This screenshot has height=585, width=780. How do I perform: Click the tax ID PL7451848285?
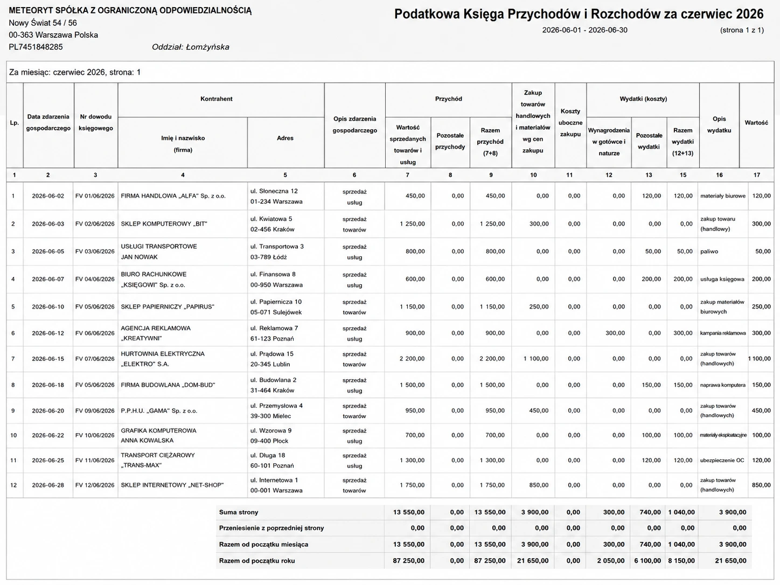click(36, 47)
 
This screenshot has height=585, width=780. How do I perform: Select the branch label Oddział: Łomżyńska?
click(191, 47)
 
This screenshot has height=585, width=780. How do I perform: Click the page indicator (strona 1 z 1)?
click(742, 30)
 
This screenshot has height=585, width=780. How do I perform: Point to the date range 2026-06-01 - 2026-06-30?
click(584, 30)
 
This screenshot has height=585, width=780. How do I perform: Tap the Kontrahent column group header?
click(216, 99)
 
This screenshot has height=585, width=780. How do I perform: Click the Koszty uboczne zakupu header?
click(570, 122)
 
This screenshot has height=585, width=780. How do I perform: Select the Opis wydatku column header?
click(719, 124)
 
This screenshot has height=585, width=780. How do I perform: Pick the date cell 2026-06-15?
click(48, 359)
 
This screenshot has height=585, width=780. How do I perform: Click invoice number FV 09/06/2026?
click(95, 410)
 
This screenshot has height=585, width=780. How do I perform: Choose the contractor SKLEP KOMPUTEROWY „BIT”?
click(164, 224)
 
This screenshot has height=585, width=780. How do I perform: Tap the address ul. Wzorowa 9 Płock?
click(271, 435)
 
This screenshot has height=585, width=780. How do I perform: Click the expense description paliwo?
click(709, 252)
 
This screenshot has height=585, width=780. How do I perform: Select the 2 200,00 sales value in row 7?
click(412, 359)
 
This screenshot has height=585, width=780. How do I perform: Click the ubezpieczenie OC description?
click(722, 461)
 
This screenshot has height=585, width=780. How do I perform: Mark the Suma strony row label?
click(239, 512)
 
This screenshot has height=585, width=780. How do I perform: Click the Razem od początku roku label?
click(257, 561)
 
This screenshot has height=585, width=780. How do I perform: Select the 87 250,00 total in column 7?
click(408, 561)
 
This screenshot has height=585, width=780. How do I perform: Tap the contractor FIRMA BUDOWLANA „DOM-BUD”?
click(168, 385)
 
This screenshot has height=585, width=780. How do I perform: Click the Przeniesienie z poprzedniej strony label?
click(271, 528)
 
